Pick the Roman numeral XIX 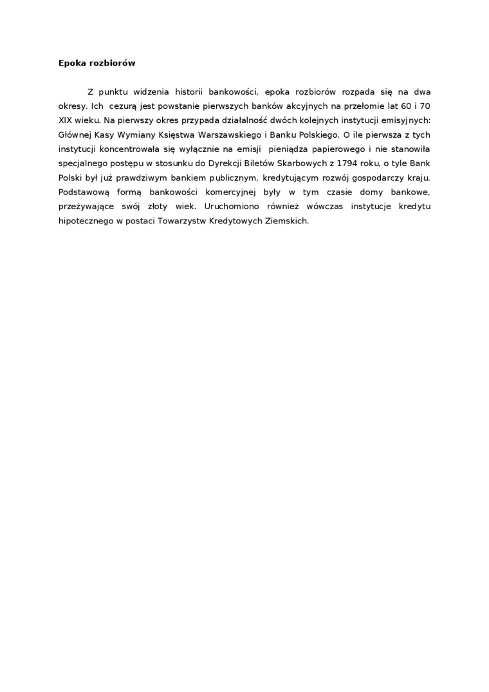click(65, 120)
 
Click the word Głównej click(77, 135)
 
